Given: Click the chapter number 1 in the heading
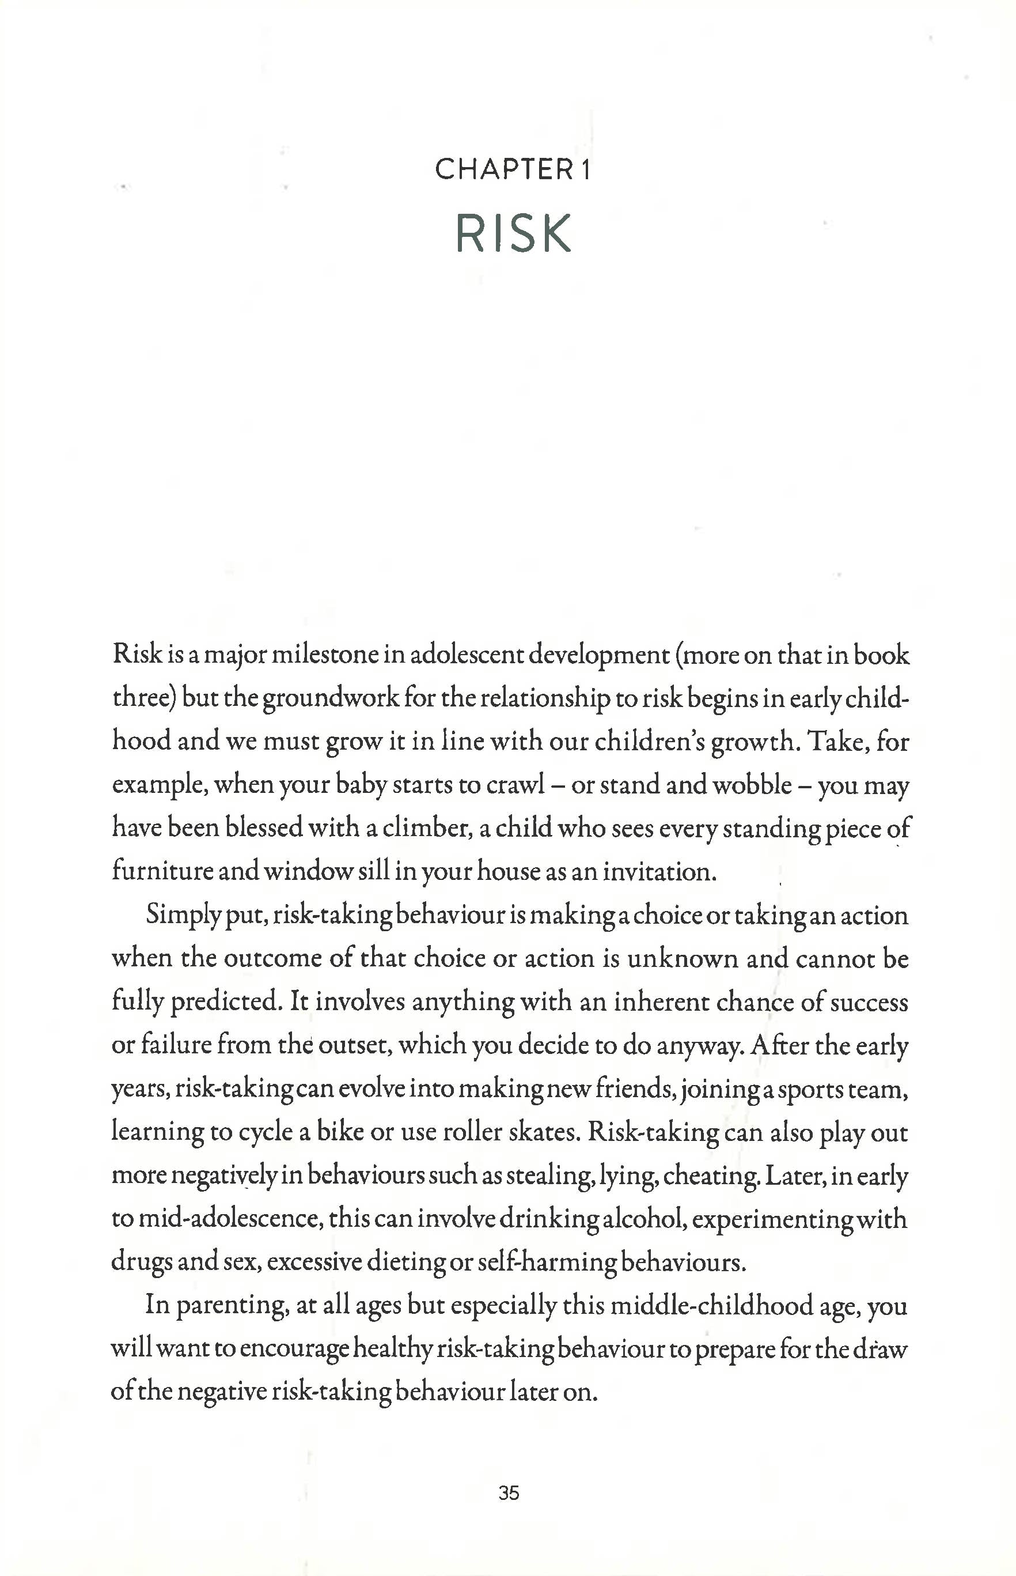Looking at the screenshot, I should tap(585, 170).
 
